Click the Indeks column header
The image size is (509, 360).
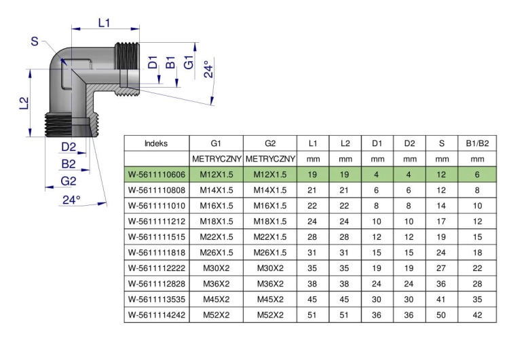(156, 143)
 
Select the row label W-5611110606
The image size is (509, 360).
(157, 175)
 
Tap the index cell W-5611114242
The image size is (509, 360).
(157, 315)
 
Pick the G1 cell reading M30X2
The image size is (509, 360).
(216, 268)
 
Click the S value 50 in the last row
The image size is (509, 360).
(441, 315)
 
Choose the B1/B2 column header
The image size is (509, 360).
(477, 143)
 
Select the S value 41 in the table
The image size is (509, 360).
(441, 300)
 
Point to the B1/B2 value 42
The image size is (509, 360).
(477, 315)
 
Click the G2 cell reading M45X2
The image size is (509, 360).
(270, 300)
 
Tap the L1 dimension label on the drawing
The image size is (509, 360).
(105, 22)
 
